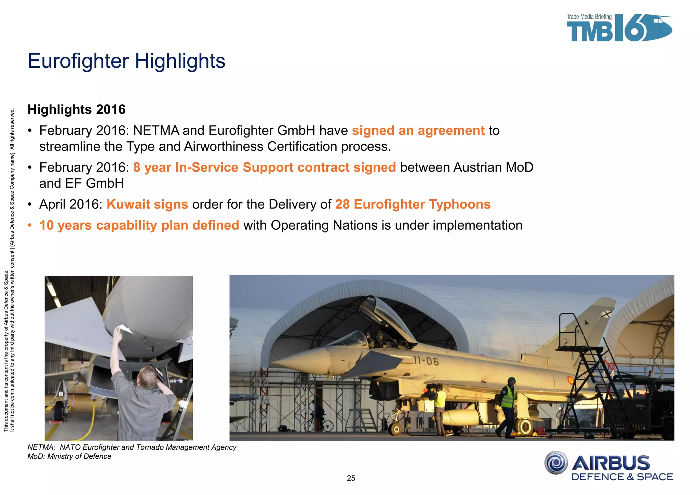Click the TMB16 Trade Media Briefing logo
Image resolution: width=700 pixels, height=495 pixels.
[x=619, y=28]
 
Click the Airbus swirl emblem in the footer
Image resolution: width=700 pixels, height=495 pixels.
[x=556, y=463]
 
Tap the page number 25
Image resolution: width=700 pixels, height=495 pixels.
[x=351, y=478]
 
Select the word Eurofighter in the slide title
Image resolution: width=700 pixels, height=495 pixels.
[x=78, y=61]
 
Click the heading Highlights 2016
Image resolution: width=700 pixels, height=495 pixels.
[x=77, y=109]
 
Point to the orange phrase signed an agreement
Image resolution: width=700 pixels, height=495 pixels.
[x=418, y=131]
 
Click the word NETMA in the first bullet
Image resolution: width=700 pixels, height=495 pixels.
[x=156, y=131]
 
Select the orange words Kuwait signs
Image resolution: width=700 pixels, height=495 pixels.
[x=147, y=204]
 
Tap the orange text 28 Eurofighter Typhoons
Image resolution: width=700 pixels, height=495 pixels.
[x=413, y=204]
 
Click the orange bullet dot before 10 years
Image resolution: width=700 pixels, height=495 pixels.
[x=30, y=226]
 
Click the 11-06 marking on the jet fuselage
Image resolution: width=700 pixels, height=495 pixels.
[x=426, y=360]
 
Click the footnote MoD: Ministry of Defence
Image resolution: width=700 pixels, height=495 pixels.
[x=69, y=456]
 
